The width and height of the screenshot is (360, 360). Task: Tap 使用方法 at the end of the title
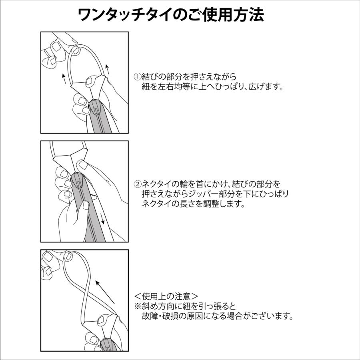(240, 15)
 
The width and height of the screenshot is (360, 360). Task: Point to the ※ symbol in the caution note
(137, 306)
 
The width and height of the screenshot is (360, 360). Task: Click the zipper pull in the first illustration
(96, 107)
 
